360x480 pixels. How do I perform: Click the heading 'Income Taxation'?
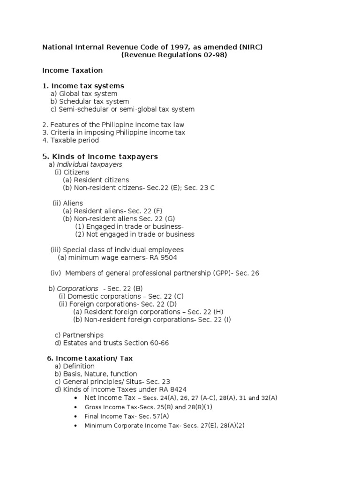coord(72,70)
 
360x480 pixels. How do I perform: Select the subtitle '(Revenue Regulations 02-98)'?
coord(174,55)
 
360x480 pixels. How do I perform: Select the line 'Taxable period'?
coord(70,140)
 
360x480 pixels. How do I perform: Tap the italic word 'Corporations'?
coord(77,288)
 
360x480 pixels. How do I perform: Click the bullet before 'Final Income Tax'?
coord(75,416)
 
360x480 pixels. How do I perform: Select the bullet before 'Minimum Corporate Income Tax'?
coord(75,426)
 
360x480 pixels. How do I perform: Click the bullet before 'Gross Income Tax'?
coord(75,407)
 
